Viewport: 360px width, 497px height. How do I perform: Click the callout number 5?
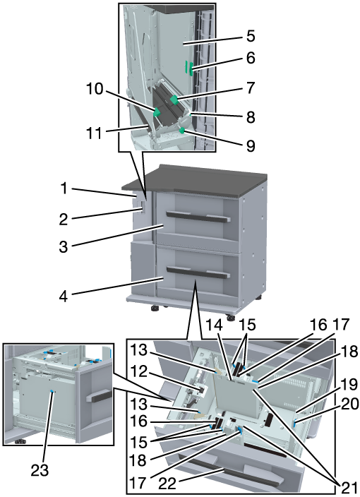[251, 36]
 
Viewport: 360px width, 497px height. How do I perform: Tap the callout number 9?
[251, 146]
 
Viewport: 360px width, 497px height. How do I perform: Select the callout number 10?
[95, 89]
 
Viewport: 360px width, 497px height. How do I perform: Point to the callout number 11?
[95, 133]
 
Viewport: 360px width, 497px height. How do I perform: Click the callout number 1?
[64, 188]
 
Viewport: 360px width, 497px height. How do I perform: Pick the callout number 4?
[64, 297]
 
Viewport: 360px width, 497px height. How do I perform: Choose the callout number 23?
[40, 470]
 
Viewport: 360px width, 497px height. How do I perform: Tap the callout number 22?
[167, 484]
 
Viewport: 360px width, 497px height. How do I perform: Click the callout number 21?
[349, 488]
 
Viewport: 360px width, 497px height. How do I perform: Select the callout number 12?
[139, 371]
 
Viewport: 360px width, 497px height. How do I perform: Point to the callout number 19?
[349, 385]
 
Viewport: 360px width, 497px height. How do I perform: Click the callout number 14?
[215, 325]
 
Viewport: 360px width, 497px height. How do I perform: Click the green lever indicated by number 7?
[174, 100]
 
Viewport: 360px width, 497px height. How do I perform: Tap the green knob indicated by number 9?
[182, 131]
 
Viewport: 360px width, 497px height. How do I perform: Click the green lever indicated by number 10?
[157, 112]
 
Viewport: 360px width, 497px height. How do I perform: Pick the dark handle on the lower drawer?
[198, 273]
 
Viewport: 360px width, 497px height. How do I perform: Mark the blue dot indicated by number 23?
[52, 392]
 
